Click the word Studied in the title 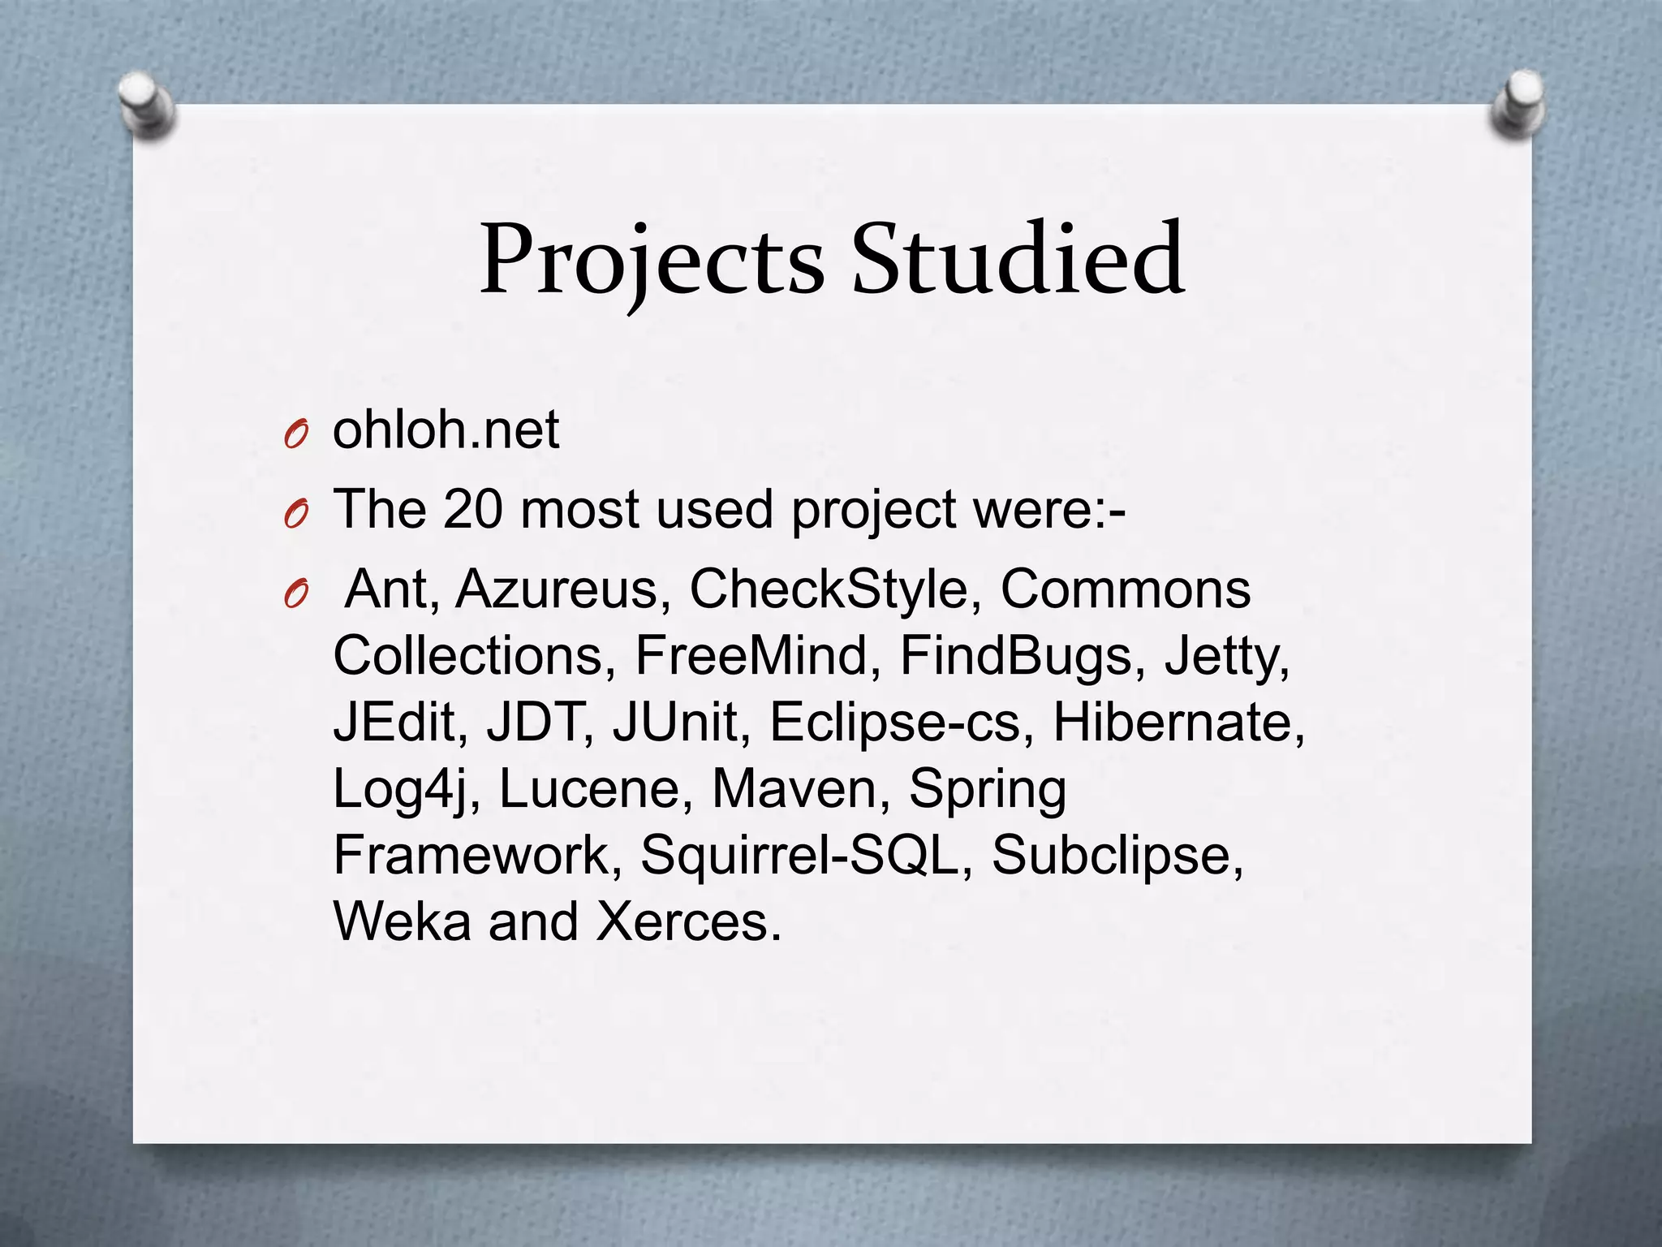[x=1018, y=260]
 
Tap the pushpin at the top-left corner [x=146, y=104]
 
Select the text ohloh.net [x=446, y=430]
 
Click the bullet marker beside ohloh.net [x=296, y=436]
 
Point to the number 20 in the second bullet [x=473, y=510]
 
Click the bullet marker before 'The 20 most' [x=296, y=516]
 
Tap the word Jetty [x=1225, y=657]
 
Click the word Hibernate [x=1178, y=722]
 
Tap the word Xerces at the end [x=688, y=921]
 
